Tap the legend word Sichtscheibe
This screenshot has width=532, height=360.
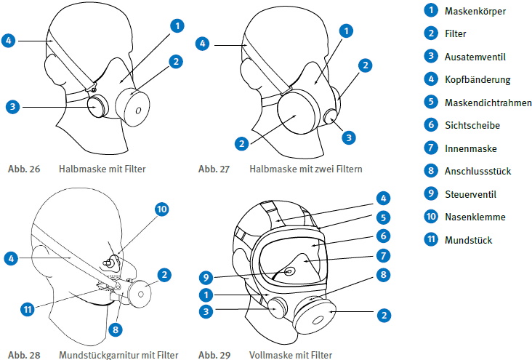click(x=472, y=125)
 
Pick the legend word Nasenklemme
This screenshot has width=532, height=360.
click(x=475, y=217)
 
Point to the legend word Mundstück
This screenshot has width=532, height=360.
click(x=469, y=239)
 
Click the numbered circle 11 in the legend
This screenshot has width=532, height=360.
click(x=431, y=239)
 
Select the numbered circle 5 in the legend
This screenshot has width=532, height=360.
click(x=431, y=103)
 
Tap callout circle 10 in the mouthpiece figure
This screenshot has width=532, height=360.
click(x=161, y=209)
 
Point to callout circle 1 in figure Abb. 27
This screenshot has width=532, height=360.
click(x=347, y=31)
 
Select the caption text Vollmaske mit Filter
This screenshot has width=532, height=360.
click(x=290, y=355)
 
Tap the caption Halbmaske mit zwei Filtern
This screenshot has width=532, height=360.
click(x=305, y=169)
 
